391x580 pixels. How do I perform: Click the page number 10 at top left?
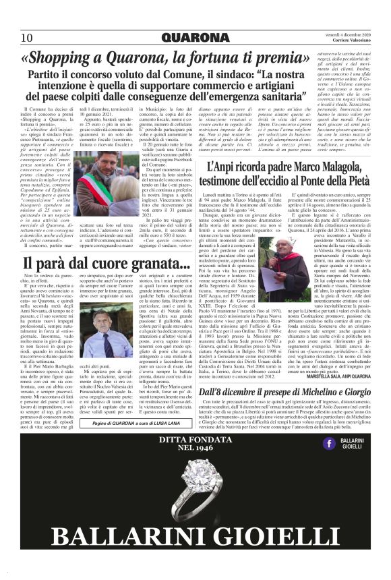coord(27,36)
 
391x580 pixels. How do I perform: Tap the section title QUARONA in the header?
coord(195,36)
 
